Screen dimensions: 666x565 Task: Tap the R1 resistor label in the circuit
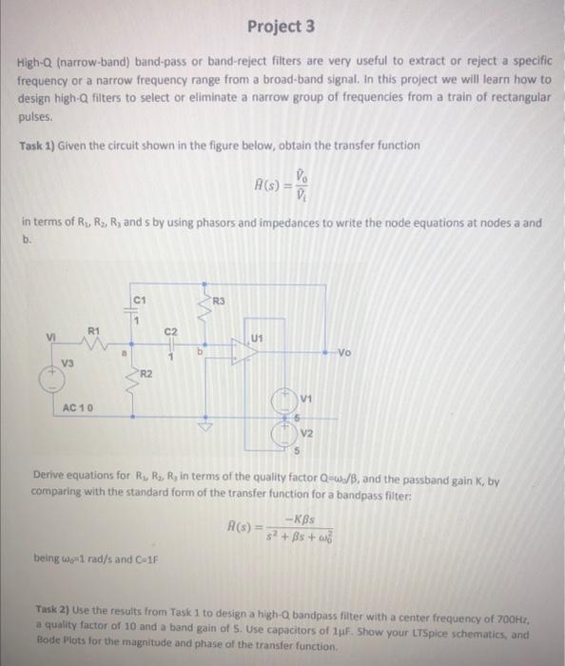(x=92, y=330)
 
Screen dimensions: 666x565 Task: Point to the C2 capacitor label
(x=171, y=331)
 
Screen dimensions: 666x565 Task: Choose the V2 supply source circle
(x=282, y=433)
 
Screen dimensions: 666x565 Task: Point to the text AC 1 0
(x=76, y=407)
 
